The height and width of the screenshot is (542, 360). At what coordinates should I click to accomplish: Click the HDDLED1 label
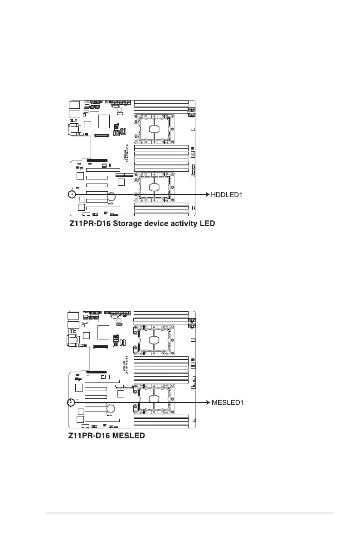coord(227,195)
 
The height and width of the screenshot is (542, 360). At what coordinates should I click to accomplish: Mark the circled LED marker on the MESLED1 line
coord(71,402)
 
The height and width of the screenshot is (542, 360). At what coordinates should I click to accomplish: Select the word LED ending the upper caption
coord(205,223)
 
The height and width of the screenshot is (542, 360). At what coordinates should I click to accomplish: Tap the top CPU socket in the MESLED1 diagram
coord(154,338)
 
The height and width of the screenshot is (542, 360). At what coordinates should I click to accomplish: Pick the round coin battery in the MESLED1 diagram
coord(111,408)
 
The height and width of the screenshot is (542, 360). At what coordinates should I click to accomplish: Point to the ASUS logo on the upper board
coord(125,155)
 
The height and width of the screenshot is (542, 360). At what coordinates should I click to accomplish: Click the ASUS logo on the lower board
coord(124,365)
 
